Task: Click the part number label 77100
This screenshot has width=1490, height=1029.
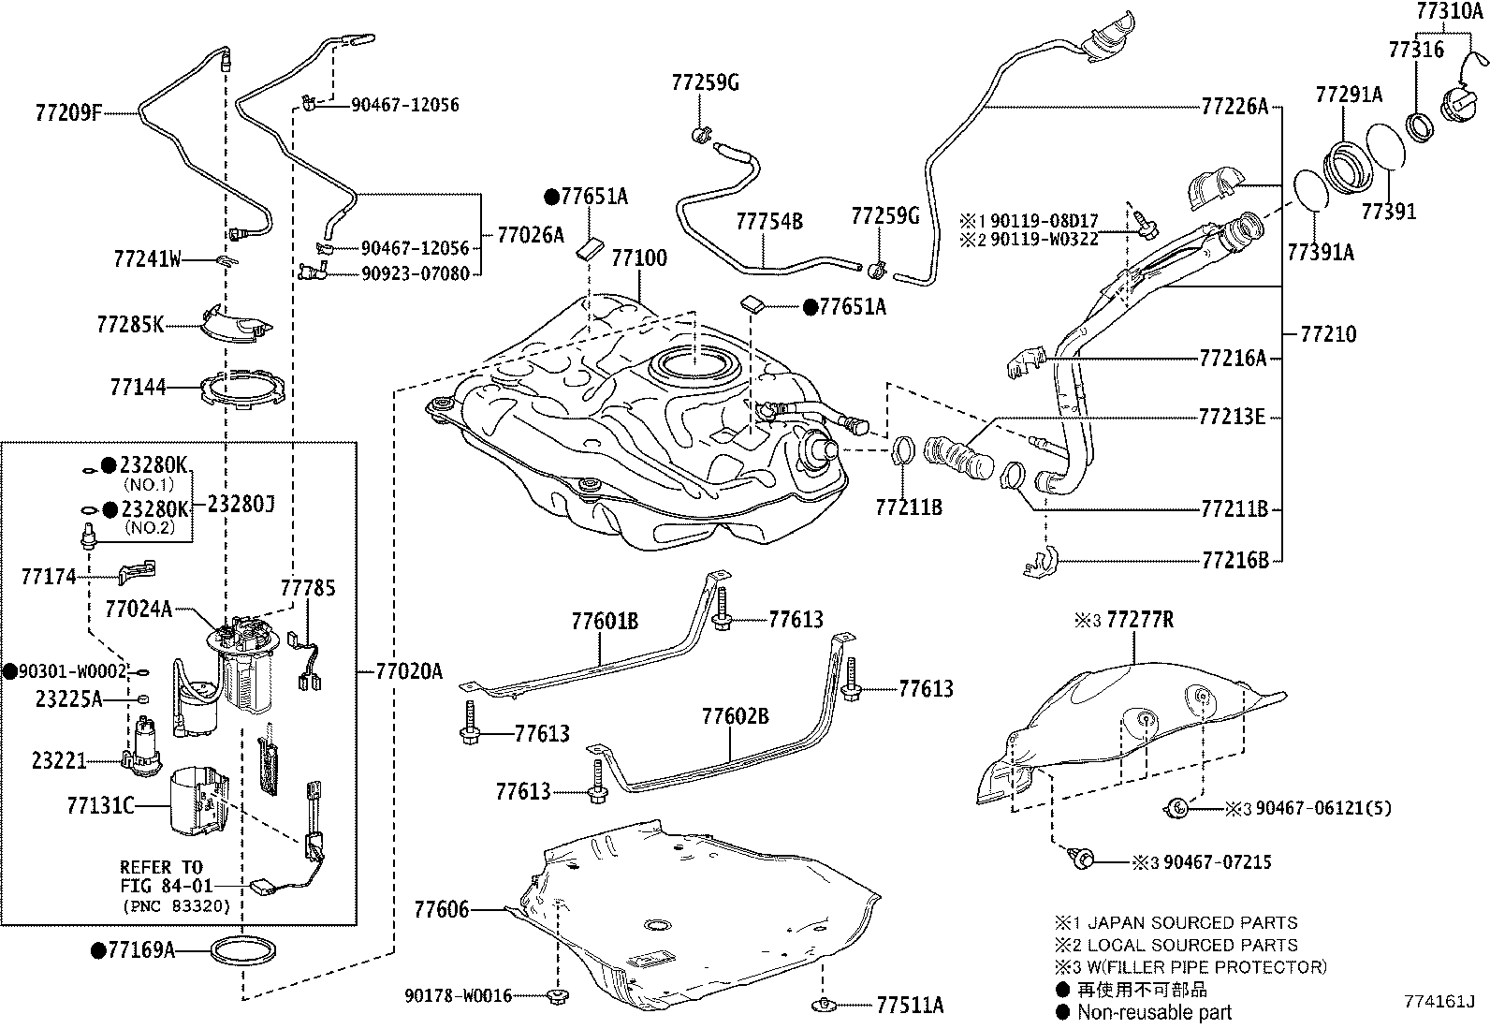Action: point(639,257)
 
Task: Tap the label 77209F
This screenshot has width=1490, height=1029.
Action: point(67,113)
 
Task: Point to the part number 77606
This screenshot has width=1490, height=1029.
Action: point(441,908)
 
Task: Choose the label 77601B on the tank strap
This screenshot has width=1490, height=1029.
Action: point(605,620)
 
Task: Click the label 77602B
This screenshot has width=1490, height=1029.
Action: point(735,716)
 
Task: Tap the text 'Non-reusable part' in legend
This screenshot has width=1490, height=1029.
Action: point(1154,1012)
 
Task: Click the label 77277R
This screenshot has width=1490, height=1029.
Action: point(1139,619)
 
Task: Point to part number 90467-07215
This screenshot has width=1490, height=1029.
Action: point(1217,861)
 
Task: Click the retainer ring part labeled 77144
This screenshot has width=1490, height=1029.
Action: point(244,387)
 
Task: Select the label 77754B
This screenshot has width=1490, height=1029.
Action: point(768,222)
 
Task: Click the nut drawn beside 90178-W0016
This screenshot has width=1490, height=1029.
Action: point(560,995)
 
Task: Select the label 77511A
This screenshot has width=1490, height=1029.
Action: point(910,1006)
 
